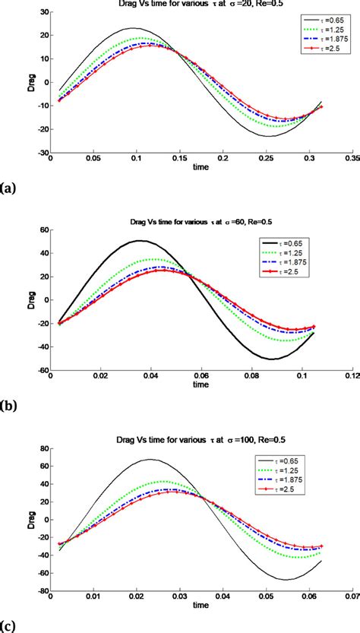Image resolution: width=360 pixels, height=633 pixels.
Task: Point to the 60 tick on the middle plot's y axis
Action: point(42,229)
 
